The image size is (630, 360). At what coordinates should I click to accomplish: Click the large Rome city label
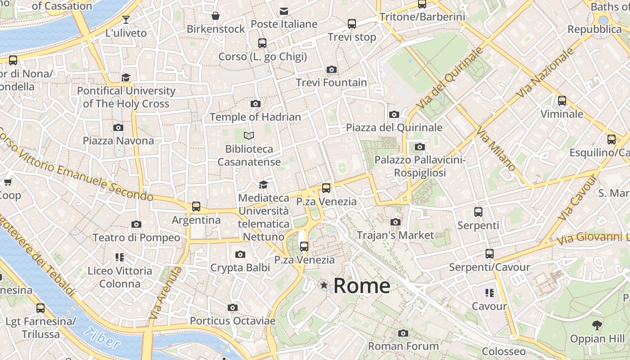point(362,286)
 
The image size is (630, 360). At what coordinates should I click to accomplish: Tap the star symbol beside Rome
point(324,285)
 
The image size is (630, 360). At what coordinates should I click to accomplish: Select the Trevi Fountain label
point(331,83)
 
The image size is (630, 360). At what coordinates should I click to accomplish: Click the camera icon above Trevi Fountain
point(332,69)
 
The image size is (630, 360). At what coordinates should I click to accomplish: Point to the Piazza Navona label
point(118,141)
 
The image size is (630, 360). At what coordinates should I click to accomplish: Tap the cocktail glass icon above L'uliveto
point(126,19)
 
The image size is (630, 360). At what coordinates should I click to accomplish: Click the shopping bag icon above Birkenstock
point(216,16)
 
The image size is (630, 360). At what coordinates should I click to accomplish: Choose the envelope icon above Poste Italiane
point(284,11)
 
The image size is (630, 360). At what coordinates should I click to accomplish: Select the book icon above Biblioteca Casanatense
point(249,135)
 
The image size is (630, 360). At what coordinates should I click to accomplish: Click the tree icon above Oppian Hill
point(597,325)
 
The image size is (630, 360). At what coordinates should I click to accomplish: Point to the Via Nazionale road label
point(545,73)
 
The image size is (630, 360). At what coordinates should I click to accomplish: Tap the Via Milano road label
point(496,150)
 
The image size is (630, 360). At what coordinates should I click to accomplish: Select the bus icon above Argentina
point(196,207)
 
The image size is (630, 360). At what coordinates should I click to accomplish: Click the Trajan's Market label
point(395,235)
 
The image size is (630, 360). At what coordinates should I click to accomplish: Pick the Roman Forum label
point(403,346)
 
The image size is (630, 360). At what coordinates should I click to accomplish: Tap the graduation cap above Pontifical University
point(126,77)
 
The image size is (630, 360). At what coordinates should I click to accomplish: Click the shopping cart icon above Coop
point(8,182)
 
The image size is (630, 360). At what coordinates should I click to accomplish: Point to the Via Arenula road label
point(166,293)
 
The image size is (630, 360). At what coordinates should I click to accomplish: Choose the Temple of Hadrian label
point(255,117)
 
